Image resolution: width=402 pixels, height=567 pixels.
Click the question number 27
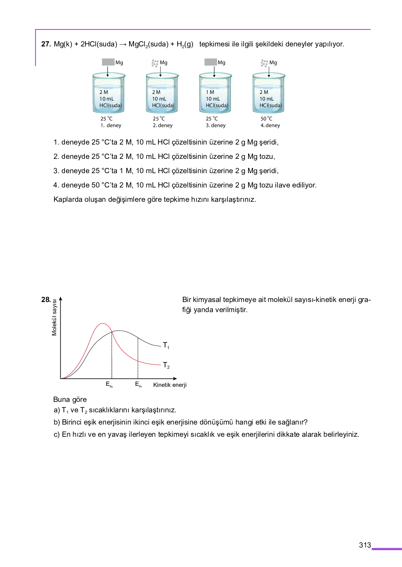click(46, 44)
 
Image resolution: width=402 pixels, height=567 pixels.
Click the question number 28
click(46, 300)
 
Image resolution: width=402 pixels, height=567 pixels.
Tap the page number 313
click(365, 545)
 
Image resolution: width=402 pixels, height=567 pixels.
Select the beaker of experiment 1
click(109, 93)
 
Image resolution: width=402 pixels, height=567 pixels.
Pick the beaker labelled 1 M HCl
click(215, 93)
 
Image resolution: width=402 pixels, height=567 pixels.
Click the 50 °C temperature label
click(266, 119)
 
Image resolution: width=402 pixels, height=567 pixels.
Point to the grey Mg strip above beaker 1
click(108, 62)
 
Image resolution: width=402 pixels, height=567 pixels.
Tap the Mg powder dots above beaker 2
click(155, 63)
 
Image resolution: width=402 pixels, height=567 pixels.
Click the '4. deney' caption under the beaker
click(270, 125)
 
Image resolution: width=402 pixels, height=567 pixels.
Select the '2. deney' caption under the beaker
click(163, 125)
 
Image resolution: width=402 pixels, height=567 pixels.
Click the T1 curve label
click(166, 345)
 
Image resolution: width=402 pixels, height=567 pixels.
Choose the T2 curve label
click(166, 365)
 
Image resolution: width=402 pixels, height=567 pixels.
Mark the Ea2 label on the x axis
click(109, 384)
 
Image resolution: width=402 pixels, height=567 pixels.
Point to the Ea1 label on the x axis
click(139, 384)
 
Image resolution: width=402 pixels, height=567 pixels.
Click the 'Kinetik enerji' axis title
click(170, 385)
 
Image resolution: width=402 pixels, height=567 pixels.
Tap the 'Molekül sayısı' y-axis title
click(54, 317)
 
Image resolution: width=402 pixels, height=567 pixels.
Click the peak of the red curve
click(102, 324)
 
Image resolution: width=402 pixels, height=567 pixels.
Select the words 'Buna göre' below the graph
click(70, 399)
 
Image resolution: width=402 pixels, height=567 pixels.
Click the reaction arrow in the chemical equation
click(123, 44)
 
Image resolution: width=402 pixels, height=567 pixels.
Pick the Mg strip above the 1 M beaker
click(210, 62)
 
